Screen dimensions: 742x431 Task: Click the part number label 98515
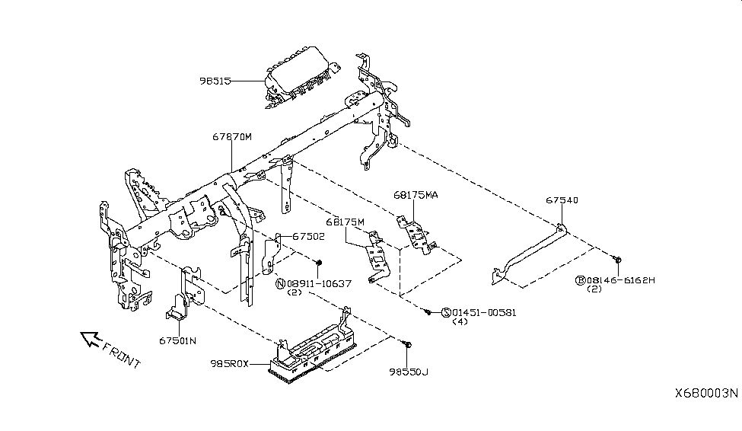coord(215,81)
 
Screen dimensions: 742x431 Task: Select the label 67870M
coord(232,137)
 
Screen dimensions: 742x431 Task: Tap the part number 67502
coord(308,236)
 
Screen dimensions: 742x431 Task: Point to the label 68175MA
coord(416,195)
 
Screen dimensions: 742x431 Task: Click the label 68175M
coord(345,222)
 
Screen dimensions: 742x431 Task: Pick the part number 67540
coord(562,200)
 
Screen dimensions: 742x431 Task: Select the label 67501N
coord(177,340)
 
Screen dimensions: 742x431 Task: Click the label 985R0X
coord(230,364)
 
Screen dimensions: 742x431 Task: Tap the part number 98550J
coord(409,372)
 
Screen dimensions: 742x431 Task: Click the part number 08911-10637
coord(319,284)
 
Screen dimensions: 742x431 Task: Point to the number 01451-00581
coord(484,313)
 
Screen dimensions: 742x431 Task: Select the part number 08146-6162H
coord(621,280)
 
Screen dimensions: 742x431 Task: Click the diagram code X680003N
coord(706,393)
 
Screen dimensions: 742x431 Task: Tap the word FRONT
coord(122,355)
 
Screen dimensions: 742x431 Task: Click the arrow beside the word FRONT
coord(90,339)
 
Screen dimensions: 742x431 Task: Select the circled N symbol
coord(281,284)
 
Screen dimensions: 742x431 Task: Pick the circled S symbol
coord(446,313)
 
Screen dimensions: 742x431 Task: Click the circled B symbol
coord(581,280)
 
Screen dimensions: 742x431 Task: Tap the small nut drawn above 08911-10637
coord(319,263)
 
